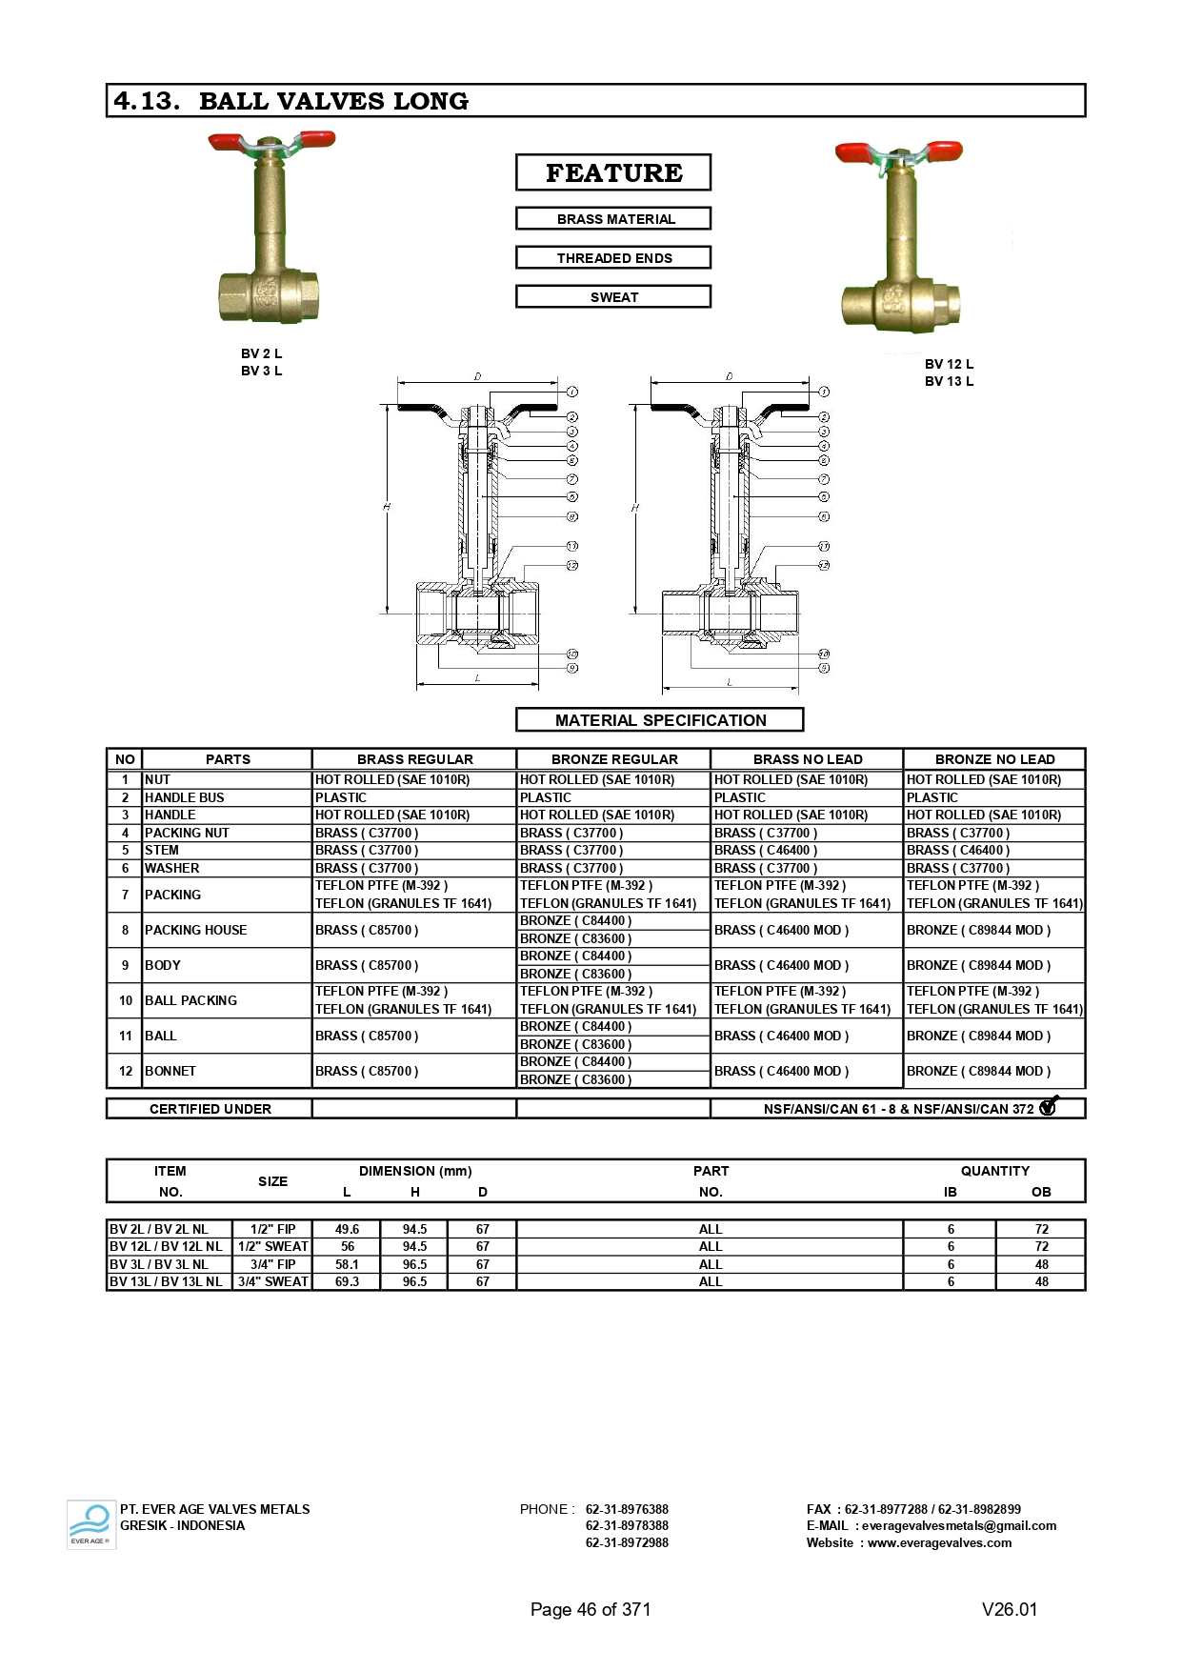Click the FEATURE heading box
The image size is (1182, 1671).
613,172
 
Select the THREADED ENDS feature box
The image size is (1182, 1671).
613,258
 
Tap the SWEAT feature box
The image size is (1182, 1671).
613,297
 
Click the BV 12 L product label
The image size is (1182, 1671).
949,364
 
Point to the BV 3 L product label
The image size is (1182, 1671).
261,371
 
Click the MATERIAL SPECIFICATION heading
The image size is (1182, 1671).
660,720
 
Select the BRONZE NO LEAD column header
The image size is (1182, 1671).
994,759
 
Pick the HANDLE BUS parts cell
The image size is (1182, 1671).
185,797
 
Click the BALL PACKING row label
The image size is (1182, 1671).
190,1000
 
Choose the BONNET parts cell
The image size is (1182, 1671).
170,1071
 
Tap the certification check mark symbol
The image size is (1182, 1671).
1049,1106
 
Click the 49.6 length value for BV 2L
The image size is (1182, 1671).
347,1229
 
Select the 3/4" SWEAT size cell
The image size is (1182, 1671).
273,1281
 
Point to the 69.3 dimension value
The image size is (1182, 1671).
347,1281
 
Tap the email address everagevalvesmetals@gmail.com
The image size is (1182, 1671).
959,1525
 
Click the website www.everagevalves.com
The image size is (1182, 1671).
939,1542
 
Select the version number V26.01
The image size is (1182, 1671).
1010,1609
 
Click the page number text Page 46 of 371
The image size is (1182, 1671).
591,1609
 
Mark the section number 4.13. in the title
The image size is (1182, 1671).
147,101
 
